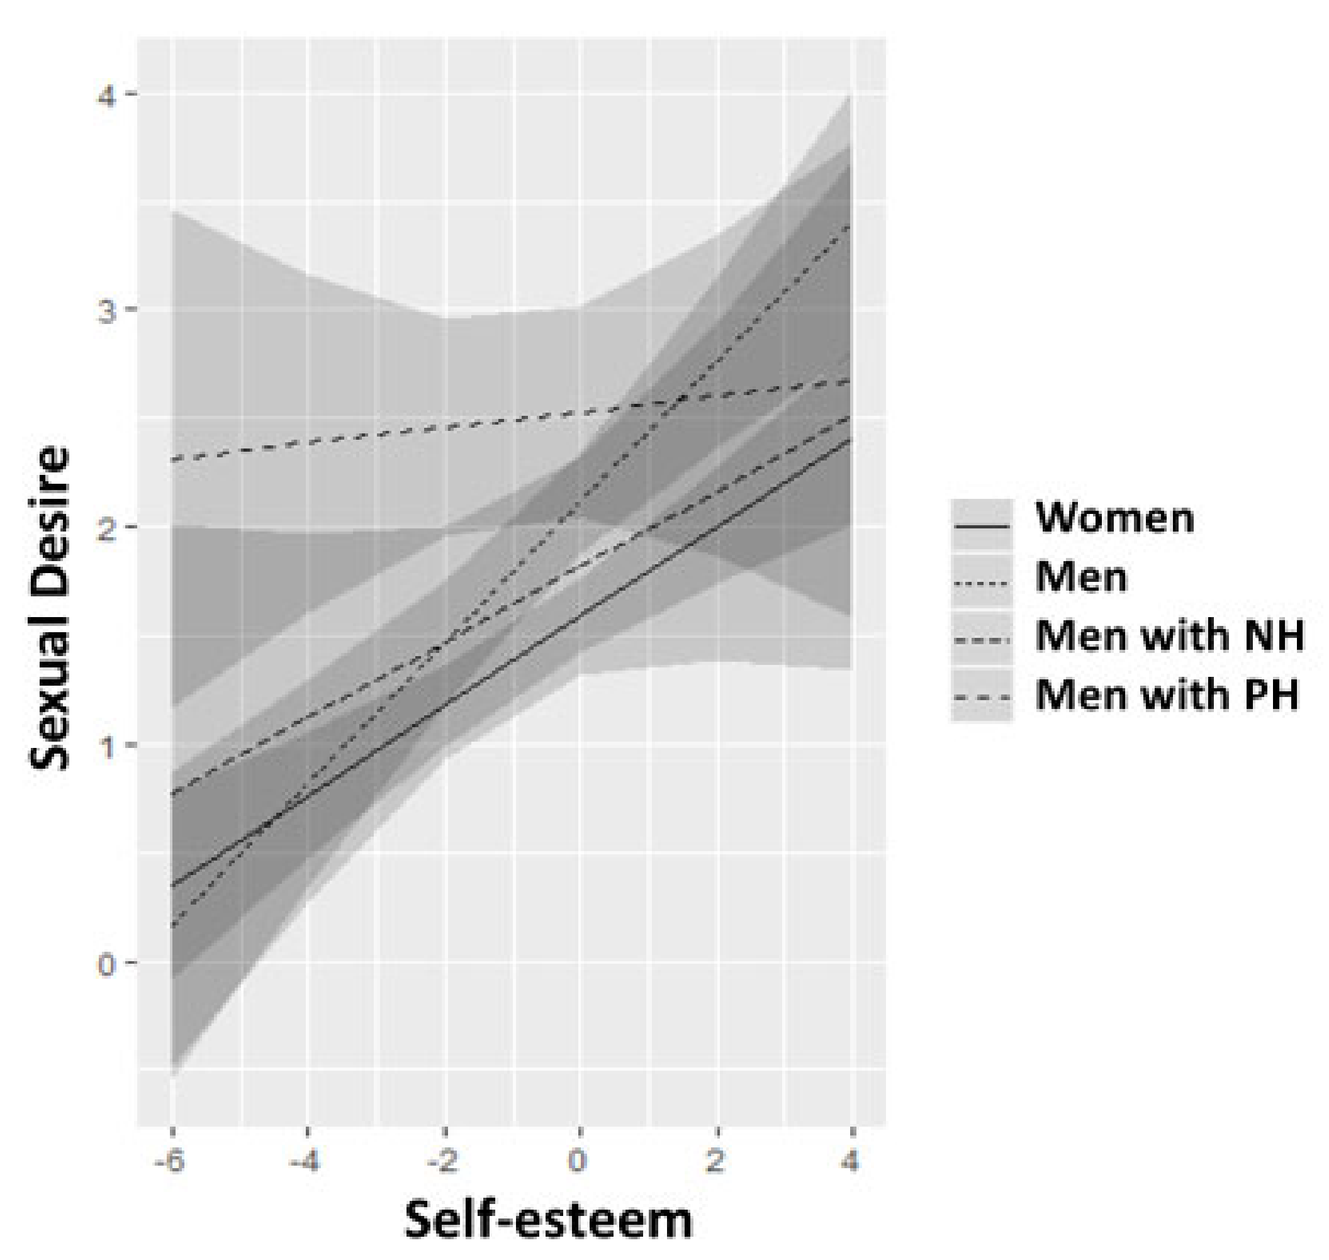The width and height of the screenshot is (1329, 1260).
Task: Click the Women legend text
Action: click(1114, 518)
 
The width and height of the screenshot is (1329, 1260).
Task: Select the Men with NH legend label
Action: click(1169, 635)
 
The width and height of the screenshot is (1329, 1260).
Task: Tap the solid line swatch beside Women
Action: click(981, 526)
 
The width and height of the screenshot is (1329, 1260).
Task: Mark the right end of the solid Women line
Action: click(851, 440)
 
